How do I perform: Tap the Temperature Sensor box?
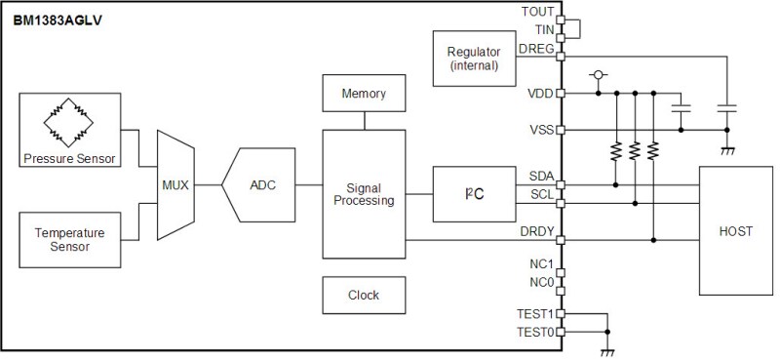coord(70,239)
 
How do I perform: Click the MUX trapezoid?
coord(175,185)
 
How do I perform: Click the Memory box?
coord(363,94)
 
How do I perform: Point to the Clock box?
coord(363,295)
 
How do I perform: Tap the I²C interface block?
coord(471,193)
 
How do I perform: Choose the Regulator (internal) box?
coord(472,59)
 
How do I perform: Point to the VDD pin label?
coord(540,94)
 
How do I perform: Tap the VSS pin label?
coord(540,129)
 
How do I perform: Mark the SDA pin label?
coord(540,175)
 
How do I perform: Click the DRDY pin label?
coord(537,230)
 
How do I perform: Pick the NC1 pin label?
coord(541,264)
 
